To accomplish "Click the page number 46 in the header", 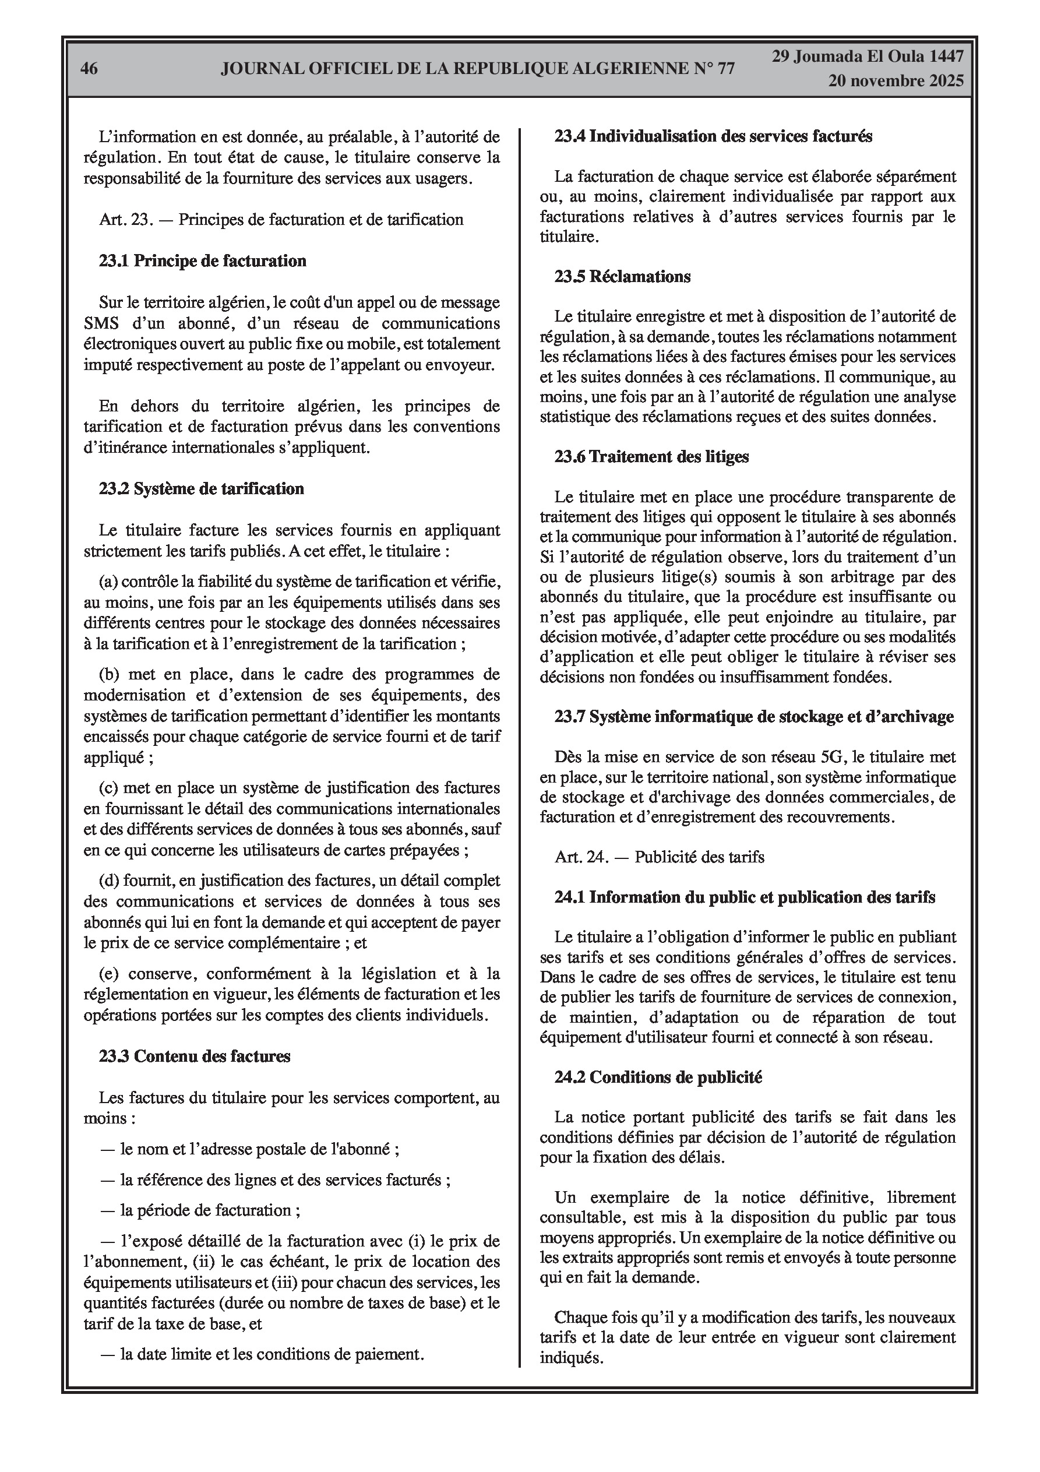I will [x=89, y=69].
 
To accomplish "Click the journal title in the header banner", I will [x=478, y=69].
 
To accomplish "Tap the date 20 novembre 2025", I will [x=896, y=81].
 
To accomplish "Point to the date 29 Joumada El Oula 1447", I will [x=867, y=57].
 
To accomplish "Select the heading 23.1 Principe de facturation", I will [x=202, y=261].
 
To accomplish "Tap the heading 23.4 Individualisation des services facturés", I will [x=713, y=136].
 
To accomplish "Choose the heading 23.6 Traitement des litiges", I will [x=651, y=456].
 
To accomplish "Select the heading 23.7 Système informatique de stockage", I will [x=754, y=716].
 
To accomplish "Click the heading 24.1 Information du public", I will [x=745, y=897].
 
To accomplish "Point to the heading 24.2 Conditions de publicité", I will [x=658, y=1077].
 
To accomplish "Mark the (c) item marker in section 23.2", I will [x=108, y=788].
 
